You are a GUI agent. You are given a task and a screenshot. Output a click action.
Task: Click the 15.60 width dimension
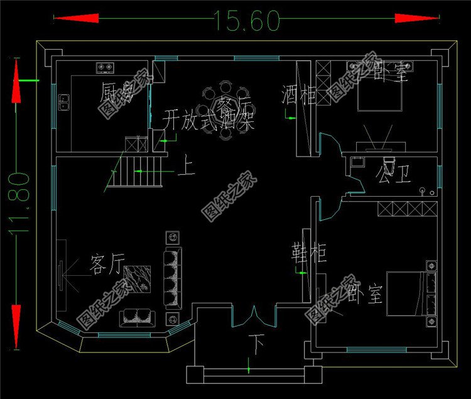pyautogui.click(x=246, y=21)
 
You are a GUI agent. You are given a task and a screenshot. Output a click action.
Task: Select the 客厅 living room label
pyautogui.click(x=106, y=265)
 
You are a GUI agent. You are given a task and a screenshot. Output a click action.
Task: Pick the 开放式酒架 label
pyautogui.click(x=209, y=120)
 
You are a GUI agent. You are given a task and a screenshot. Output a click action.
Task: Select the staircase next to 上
pyautogui.click(x=138, y=171)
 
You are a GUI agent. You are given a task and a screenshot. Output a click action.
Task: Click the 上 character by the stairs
pyautogui.click(x=187, y=168)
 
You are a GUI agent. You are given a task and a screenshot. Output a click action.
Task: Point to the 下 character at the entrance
pyautogui.click(x=256, y=343)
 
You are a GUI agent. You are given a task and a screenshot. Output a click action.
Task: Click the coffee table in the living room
pyautogui.click(x=136, y=277)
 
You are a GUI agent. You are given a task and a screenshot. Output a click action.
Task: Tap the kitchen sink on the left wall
pyautogui.click(x=63, y=101)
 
